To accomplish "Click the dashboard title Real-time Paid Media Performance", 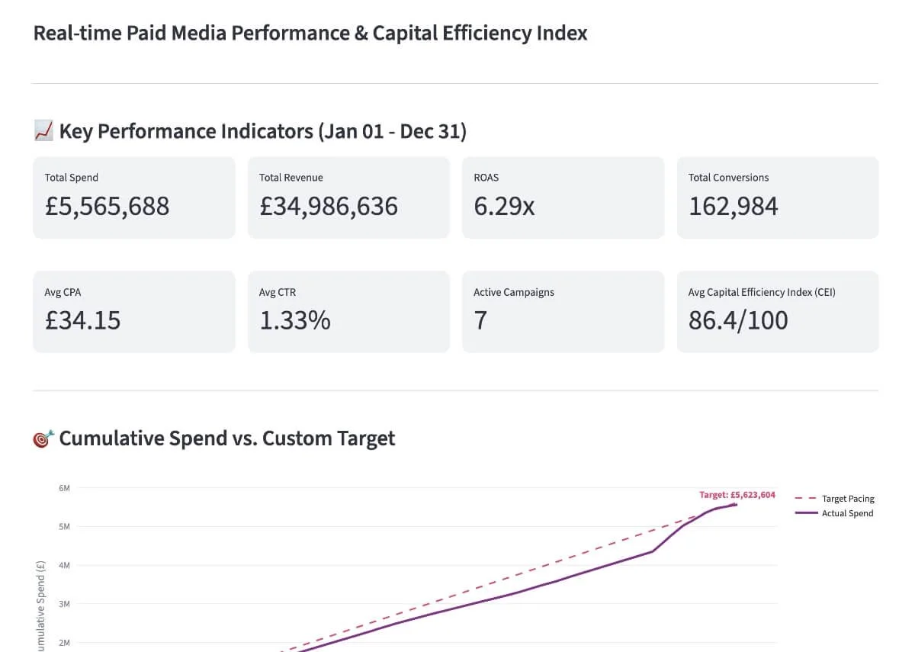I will point(310,34).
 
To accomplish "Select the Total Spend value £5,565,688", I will point(107,206).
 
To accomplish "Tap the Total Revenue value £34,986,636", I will point(328,206).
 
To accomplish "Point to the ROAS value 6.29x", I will point(504,206).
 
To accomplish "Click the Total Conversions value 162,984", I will point(733,206).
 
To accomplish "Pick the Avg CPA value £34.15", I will point(82,320).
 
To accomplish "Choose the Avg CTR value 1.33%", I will point(294,320).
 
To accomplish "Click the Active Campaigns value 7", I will point(480,320).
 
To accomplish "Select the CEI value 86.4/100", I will point(737,320).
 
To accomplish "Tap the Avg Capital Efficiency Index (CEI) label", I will point(761,292).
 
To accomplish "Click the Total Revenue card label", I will point(291,178).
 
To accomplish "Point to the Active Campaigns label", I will point(513,292).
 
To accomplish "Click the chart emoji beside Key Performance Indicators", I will point(43,131).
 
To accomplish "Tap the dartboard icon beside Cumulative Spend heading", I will point(43,438).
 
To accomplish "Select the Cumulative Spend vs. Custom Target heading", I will point(226,438).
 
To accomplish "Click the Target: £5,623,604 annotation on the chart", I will point(737,495).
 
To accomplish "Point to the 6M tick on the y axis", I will point(64,487).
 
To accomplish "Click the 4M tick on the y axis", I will point(64,565).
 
